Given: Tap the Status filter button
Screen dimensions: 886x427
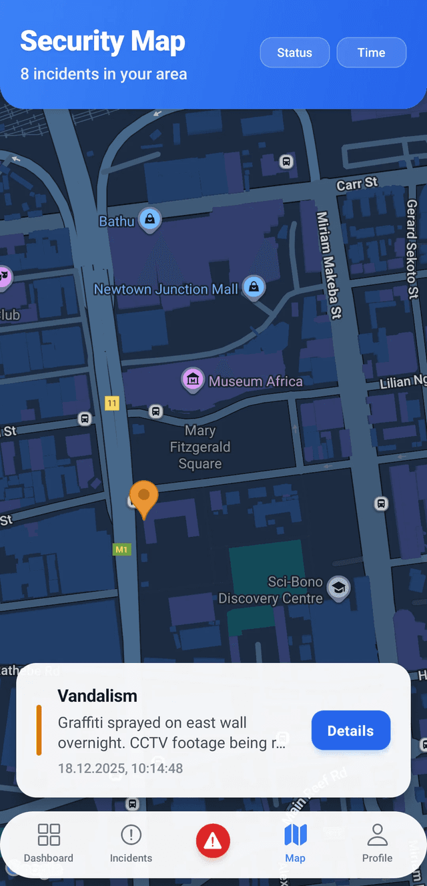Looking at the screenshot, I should pyautogui.click(x=294, y=53).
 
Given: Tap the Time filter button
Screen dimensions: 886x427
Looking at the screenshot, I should pyautogui.click(x=371, y=53).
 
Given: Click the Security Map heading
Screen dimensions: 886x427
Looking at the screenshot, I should pyautogui.click(x=103, y=41).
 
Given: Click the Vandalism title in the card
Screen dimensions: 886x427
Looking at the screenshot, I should pyautogui.click(x=97, y=696).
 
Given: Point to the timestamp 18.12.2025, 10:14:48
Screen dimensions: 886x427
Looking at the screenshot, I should pyautogui.click(x=120, y=768).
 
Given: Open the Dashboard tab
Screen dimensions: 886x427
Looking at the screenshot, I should pyautogui.click(x=49, y=843).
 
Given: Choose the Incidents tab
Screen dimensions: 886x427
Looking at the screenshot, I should pyautogui.click(x=131, y=843).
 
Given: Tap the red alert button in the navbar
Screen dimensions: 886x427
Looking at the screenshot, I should pyautogui.click(x=213, y=841).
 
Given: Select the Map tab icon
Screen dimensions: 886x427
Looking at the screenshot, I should pyautogui.click(x=295, y=835).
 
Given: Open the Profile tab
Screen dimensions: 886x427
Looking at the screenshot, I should pyautogui.click(x=377, y=843).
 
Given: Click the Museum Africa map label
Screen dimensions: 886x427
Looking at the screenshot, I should pyautogui.click(x=256, y=381).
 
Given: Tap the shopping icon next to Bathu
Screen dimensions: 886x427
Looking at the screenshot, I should pyautogui.click(x=150, y=219).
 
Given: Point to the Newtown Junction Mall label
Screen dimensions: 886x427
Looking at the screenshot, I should pyautogui.click(x=165, y=289).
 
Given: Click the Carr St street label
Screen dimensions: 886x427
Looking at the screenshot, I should pyautogui.click(x=357, y=183).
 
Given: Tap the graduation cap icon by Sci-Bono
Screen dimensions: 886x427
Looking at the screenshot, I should pyautogui.click(x=339, y=588).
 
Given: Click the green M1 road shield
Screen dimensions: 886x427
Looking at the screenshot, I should pyautogui.click(x=121, y=549).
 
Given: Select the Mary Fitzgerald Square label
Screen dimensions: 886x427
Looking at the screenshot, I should pyautogui.click(x=199, y=447).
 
